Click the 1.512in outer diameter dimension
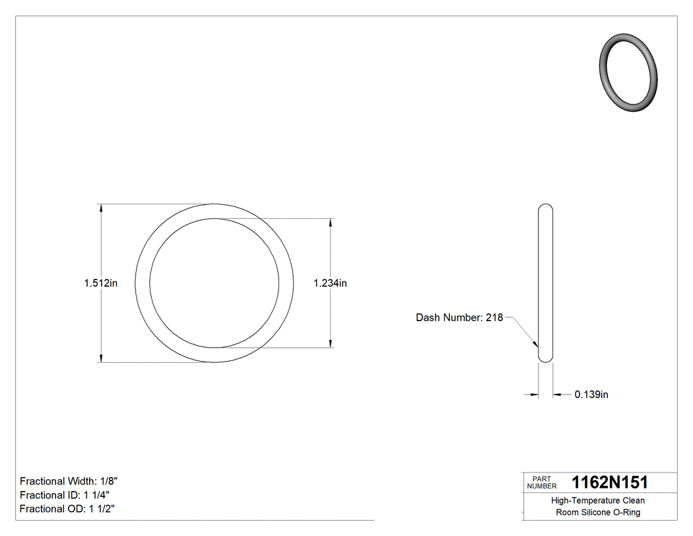click(100, 284)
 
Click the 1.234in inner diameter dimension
click(330, 284)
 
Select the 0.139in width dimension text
click(591, 395)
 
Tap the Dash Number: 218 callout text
click(459, 318)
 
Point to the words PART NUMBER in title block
click(541, 482)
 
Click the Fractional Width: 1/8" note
click(69, 481)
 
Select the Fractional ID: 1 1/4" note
click(65, 495)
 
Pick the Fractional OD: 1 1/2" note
click(69, 509)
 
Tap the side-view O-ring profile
click(546, 283)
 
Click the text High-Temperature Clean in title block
click(598, 501)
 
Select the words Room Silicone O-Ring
click(598, 513)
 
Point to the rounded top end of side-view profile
click(546, 208)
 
